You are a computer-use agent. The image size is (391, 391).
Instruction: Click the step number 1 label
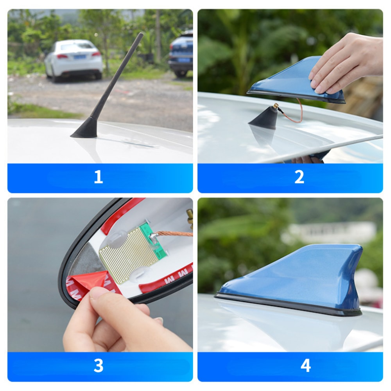(98, 177)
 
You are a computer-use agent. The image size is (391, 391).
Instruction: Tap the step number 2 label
(299, 177)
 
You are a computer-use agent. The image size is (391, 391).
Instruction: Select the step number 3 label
(98, 366)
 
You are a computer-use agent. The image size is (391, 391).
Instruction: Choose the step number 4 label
(305, 366)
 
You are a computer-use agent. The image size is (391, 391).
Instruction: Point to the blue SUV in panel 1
(181, 54)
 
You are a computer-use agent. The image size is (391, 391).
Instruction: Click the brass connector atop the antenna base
(276, 106)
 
